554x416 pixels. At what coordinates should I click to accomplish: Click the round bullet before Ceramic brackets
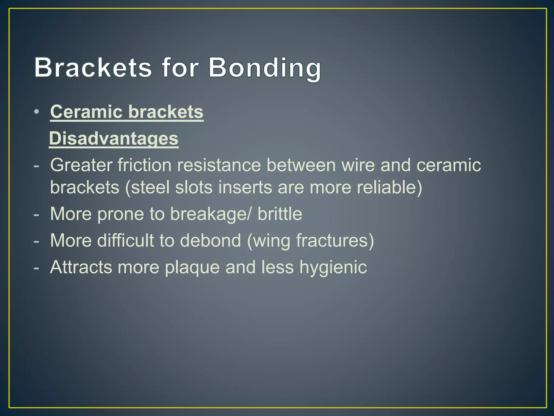pyautogui.click(x=37, y=112)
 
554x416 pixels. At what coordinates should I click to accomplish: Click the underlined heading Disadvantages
pyautogui.click(x=114, y=138)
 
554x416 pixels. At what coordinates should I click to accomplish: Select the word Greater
pyautogui.click(x=81, y=165)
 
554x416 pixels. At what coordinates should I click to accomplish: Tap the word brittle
pyautogui.click(x=280, y=214)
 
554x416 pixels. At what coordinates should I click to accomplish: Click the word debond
pyautogui.click(x=210, y=240)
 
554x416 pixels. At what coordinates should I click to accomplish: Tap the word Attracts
pyautogui.click(x=81, y=267)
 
